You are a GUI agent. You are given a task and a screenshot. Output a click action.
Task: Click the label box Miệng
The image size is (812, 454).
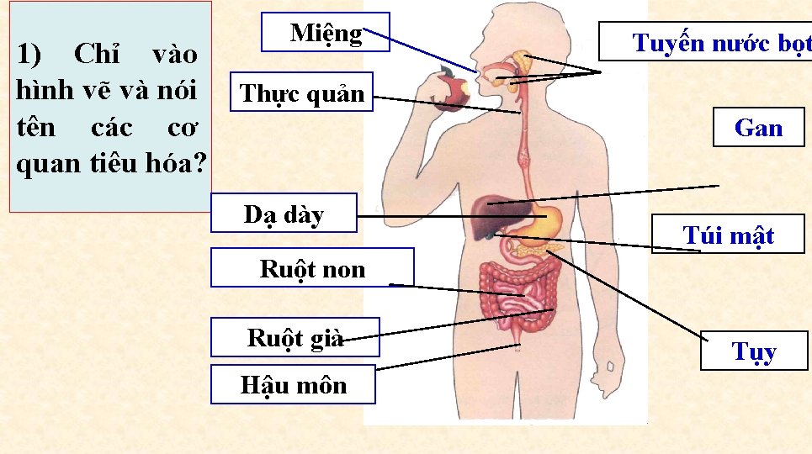coord(326,32)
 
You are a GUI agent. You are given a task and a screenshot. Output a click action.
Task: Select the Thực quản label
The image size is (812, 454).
coord(302,93)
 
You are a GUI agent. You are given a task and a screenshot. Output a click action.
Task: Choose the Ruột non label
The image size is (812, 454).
coord(312,268)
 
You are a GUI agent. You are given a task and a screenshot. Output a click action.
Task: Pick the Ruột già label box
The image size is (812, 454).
coord(295,337)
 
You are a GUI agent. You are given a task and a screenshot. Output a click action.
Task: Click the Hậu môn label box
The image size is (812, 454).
coord(293,385)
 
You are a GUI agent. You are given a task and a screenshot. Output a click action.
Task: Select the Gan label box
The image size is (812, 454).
coord(758,128)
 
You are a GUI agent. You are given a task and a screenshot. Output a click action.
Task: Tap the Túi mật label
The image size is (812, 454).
coord(728,235)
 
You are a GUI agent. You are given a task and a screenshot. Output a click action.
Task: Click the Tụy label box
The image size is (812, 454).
coord(754,351)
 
